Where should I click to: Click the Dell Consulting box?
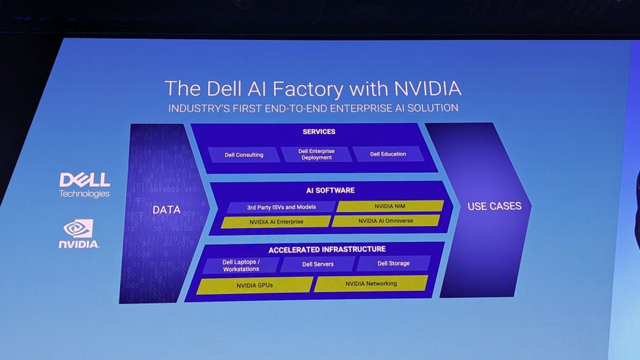coord(243,154)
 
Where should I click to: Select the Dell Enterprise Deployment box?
coord(316,154)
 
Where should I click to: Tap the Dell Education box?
coord(388,154)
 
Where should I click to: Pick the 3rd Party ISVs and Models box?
coord(281,207)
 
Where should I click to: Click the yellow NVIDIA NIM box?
coord(389,206)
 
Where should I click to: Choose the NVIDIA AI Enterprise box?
coord(276,222)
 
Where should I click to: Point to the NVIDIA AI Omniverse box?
coord(385,221)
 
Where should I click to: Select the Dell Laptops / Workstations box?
coord(241,265)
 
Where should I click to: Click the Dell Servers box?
coord(317,264)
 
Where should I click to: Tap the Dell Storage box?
coord(393,264)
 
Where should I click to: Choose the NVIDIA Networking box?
coord(371,284)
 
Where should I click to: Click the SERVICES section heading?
coord(319,132)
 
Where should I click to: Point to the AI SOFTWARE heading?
coord(330,191)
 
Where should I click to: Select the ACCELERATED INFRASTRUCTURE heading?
coord(327,249)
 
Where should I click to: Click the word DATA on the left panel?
coord(166,210)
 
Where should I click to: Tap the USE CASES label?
coord(494,206)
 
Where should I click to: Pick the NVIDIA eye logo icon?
coord(79,228)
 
